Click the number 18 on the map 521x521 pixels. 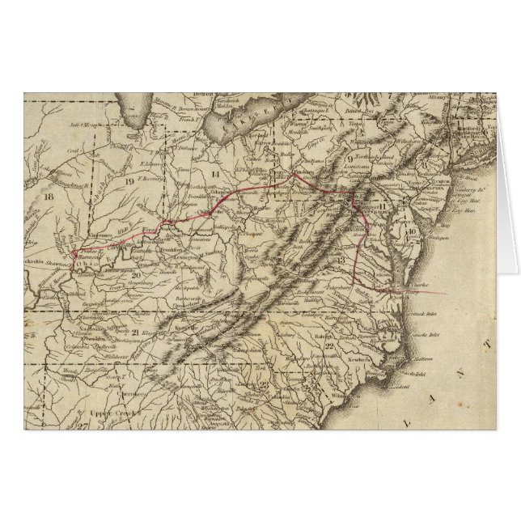pyautogui.click(x=50, y=197)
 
